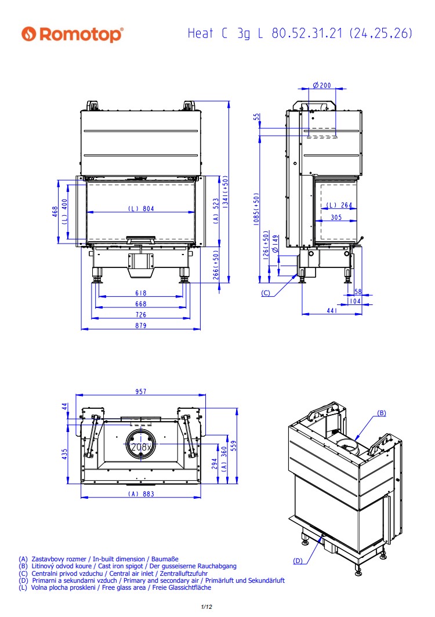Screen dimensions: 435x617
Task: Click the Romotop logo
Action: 72,34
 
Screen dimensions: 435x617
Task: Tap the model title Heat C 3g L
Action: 225,34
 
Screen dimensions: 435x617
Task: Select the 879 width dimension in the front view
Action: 140,325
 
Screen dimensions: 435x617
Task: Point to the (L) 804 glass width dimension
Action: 141,209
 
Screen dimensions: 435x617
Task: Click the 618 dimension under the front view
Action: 140,293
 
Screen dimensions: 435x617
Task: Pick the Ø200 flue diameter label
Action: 322,85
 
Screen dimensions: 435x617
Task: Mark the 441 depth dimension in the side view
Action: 332,310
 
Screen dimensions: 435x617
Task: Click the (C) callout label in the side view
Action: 266,293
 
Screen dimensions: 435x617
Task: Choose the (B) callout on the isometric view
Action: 382,413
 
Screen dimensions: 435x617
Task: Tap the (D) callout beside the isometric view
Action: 298,561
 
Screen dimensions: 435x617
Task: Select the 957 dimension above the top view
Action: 140,391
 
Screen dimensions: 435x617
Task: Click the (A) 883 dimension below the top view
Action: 141,494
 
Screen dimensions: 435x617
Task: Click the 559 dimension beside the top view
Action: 234,445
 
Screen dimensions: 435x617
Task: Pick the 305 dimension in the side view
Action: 336,217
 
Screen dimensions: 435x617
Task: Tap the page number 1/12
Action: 206,607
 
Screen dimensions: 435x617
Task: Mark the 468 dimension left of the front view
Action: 55,212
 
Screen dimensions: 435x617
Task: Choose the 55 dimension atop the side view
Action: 257,117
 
